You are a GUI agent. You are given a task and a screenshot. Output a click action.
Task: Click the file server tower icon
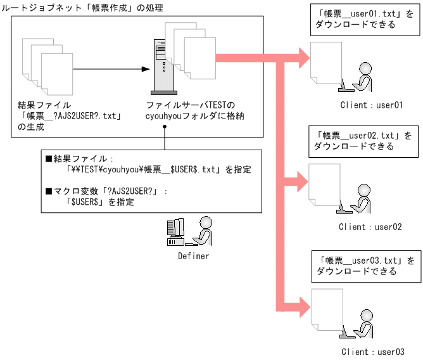click(164, 67)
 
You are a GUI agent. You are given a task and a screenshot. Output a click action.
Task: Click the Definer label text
click(193, 256)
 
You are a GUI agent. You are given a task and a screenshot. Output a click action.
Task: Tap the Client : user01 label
click(372, 105)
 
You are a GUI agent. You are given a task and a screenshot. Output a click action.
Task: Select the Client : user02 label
click(370, 227)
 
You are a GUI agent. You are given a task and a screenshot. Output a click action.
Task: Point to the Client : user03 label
click(373, 352)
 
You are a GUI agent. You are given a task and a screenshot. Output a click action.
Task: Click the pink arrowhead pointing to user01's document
click(305, 58)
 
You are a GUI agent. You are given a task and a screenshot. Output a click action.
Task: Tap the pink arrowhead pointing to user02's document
click(303, 181)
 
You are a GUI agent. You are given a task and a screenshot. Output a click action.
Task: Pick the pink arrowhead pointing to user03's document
click(305, 307)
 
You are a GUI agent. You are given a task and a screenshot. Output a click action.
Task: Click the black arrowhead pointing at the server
click(146, 69)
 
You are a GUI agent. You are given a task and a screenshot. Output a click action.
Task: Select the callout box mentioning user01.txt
click(365, 20)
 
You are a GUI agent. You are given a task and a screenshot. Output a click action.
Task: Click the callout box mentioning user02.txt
click(363, 141)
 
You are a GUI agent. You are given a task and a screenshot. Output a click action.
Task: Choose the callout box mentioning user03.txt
click(367, 266)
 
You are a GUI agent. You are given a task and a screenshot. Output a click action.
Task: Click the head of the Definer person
click(206, 222)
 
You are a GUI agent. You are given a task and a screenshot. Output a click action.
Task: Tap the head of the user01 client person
click(365, 68)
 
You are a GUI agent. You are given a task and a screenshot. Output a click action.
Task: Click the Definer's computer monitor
click(175, 228)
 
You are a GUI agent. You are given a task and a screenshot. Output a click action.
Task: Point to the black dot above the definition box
click(165, 126)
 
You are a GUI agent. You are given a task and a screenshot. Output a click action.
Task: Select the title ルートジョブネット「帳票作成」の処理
click(82, 8)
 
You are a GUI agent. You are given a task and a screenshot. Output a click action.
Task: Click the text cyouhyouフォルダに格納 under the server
click(195, 116)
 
